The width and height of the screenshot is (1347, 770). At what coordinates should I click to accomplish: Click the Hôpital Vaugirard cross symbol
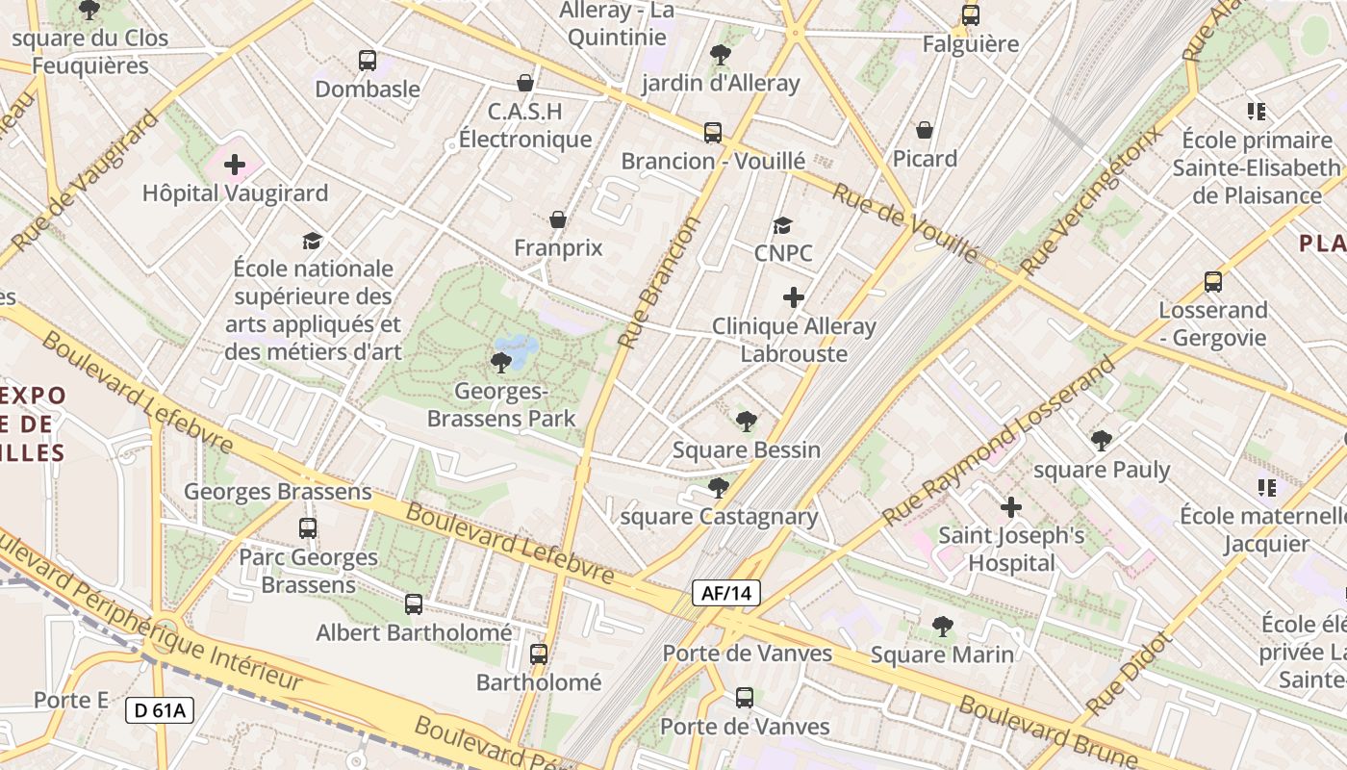tap(235, 165)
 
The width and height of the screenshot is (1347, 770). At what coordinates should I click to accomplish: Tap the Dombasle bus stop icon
tap(368, 61)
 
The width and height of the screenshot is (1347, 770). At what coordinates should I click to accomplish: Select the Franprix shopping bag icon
tap(558, 220)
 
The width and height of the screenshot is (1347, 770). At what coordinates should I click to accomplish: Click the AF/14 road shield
tap(726, 593)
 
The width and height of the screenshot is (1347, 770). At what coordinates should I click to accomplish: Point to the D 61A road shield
tap(160, 711)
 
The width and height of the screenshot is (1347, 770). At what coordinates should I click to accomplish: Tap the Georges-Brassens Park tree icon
tap(500, 363)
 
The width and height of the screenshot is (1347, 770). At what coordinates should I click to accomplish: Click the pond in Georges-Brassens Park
tap(517, 351)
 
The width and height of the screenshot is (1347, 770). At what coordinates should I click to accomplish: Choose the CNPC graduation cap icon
tap(783, 226)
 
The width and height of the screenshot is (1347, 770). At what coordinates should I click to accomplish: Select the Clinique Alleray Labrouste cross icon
tap(794, 297)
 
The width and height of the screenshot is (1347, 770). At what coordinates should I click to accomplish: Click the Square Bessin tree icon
tap(746, 422)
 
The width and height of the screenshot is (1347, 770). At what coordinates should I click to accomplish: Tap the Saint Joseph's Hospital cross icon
tap(1011, 506)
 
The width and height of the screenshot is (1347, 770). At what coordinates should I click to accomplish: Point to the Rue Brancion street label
tap(662, 282)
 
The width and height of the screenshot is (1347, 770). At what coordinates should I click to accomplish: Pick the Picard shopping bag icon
tap(925, 130)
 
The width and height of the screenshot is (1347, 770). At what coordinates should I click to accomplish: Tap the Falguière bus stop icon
tap(971, 15)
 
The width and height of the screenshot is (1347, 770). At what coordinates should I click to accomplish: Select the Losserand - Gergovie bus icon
tap(1213, 282)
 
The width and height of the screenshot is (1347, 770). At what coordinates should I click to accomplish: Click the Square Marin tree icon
tap(943, 627)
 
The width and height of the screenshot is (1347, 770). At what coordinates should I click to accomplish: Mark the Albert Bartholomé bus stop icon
tap(414, 604)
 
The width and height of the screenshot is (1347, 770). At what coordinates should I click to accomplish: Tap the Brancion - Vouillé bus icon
tap(713, 133)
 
